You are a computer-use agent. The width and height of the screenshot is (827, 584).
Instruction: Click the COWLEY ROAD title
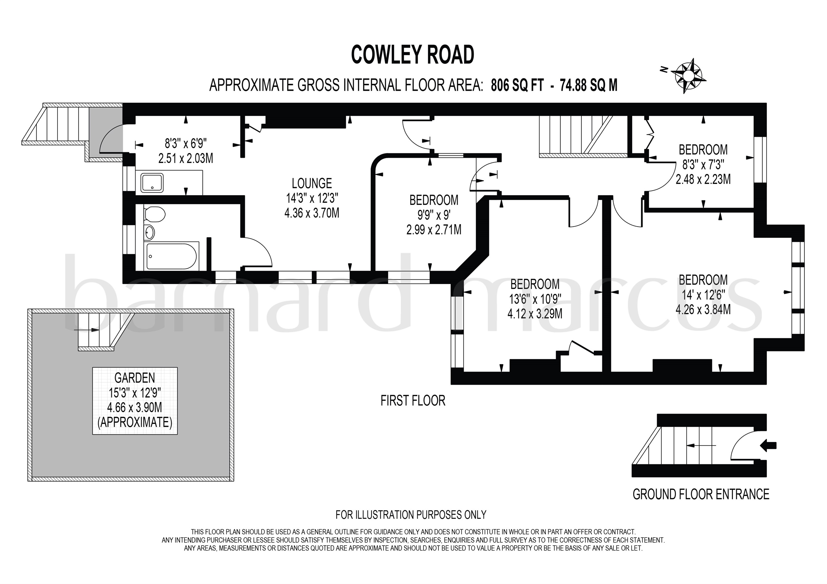pos(413,55)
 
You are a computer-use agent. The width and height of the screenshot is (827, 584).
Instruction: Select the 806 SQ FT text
pos(517,85)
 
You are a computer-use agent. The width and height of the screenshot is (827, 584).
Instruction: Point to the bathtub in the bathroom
pos(171,256)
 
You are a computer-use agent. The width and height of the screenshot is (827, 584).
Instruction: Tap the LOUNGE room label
pos(311,184)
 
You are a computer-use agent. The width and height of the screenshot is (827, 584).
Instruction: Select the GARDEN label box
pos(135,400)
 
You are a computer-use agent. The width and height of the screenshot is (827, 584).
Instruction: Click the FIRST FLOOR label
pos(413,400)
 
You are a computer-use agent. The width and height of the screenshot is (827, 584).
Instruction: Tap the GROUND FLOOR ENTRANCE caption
pos(701,494)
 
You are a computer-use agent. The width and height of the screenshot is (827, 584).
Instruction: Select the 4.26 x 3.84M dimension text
pos(703,309)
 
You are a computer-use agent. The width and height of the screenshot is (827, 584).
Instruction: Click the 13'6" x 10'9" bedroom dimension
pos(535,299)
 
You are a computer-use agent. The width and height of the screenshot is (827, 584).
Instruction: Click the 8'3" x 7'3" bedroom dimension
pos(703,165)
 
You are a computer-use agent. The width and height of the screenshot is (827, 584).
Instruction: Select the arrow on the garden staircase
pos(87,330)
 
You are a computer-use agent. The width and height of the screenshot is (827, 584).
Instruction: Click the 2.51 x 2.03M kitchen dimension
pos(185,158)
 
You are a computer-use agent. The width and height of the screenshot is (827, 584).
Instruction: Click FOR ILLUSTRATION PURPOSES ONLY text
pos(411,515)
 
